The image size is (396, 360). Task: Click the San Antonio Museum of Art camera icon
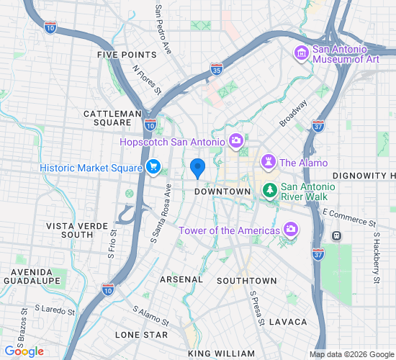[x=301, y=53]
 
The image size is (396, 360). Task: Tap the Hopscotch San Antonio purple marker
[x=235, y=140]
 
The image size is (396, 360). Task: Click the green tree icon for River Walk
[x=269, y=190]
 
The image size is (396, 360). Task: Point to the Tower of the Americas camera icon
[x=291, y=230]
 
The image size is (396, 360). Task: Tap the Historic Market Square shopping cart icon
[x=153, y=167]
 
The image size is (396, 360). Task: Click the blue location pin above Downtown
[x=199, y=168]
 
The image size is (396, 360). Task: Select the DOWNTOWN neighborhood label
[x=222, y=192]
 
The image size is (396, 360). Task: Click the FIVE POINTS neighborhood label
[x=127, y=55]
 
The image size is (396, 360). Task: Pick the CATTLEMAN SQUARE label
[x=112, y=118]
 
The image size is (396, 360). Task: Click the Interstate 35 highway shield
[x=217, y=70]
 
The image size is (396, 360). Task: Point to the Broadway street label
[x=293, y=113]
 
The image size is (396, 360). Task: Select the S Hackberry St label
[x=376, y=256]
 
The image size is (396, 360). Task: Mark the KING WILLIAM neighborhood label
[x=221, y=354]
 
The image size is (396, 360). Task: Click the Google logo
[x=23, y=351]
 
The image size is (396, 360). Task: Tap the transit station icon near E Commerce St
[x=336, y=235]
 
